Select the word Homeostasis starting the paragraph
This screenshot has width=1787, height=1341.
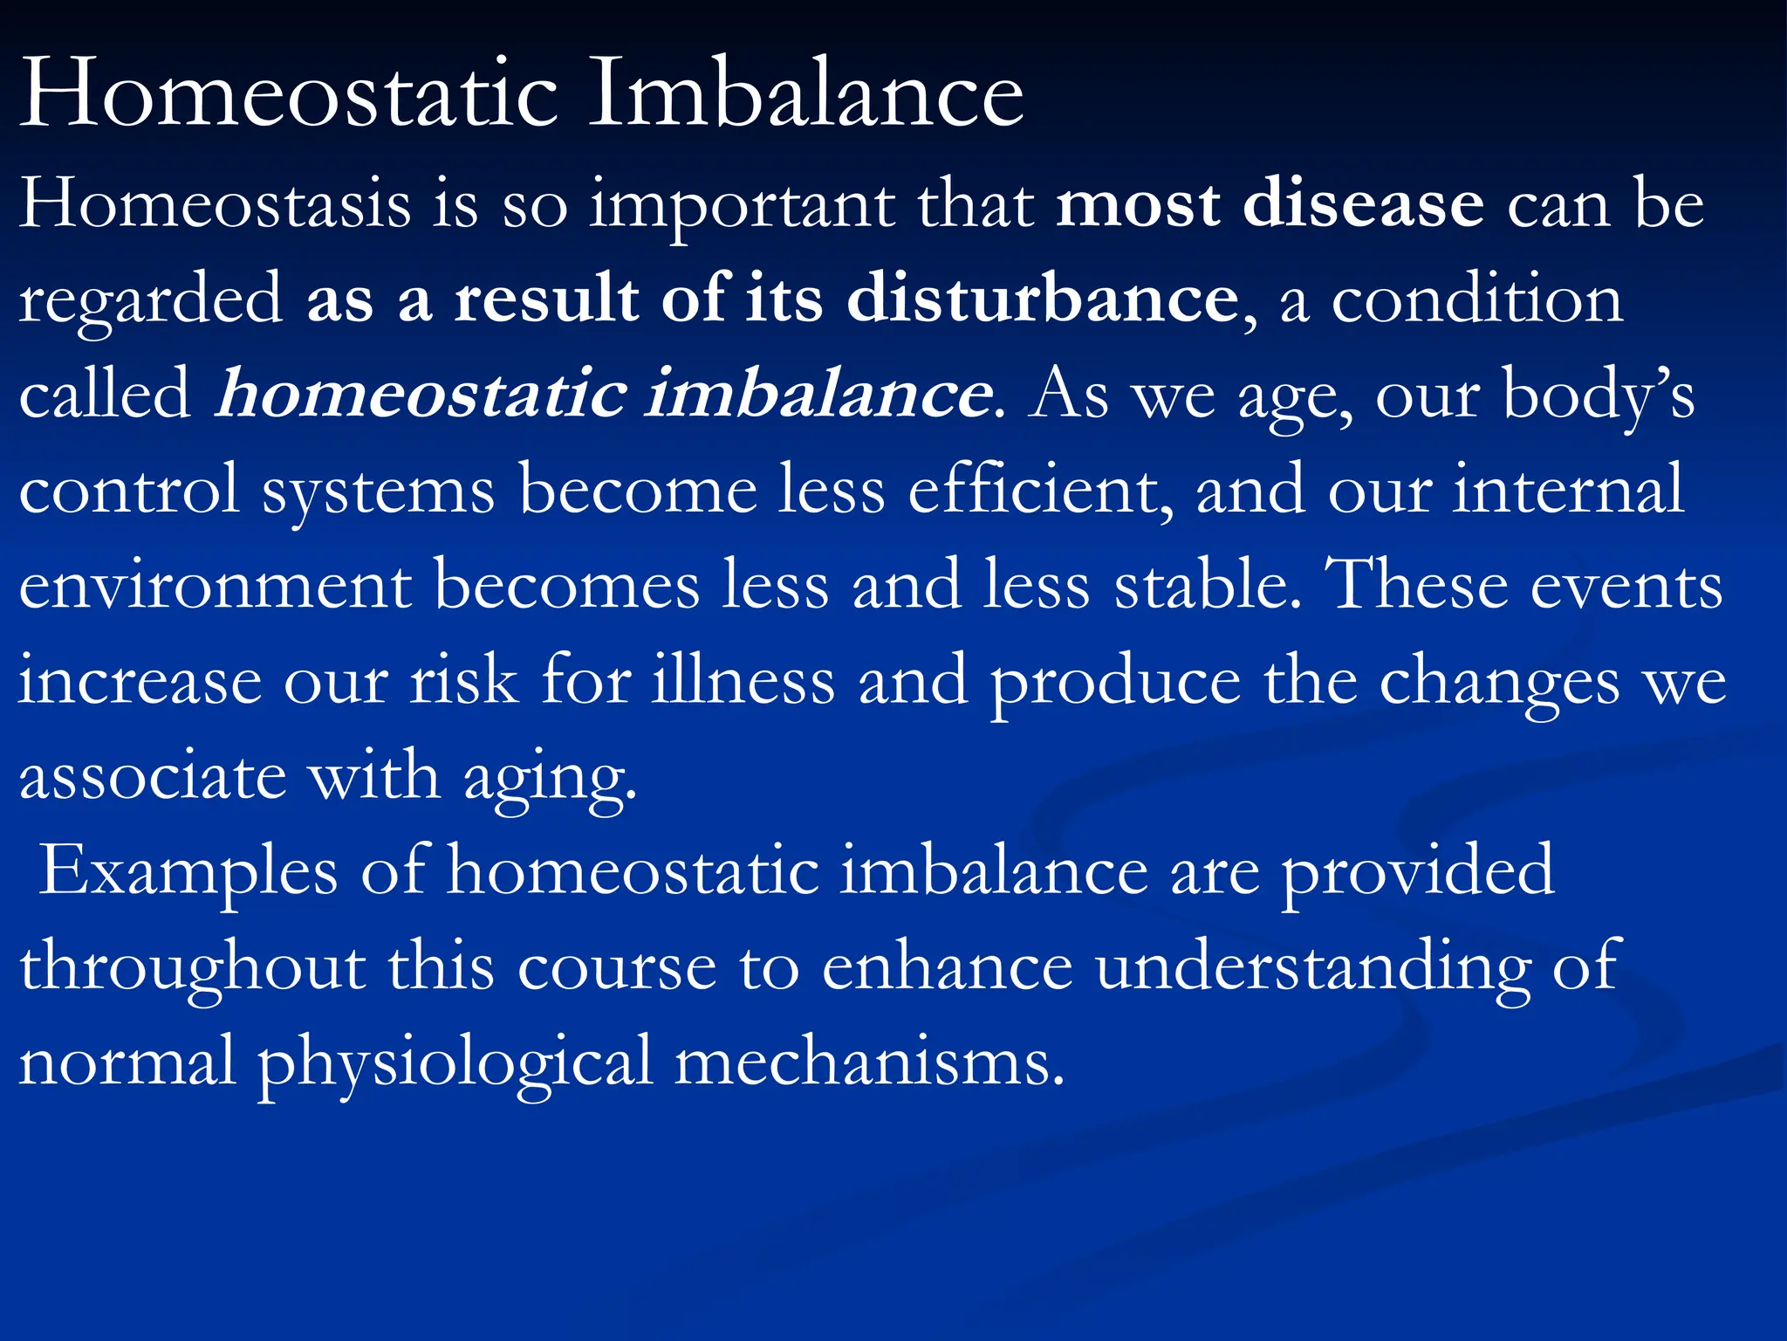tap(215, 204)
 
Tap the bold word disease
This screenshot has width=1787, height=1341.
tap(1363, 204)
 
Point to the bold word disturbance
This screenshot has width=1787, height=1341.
tap(1042, 299)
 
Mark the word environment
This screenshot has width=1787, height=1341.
tap(215, 584)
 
